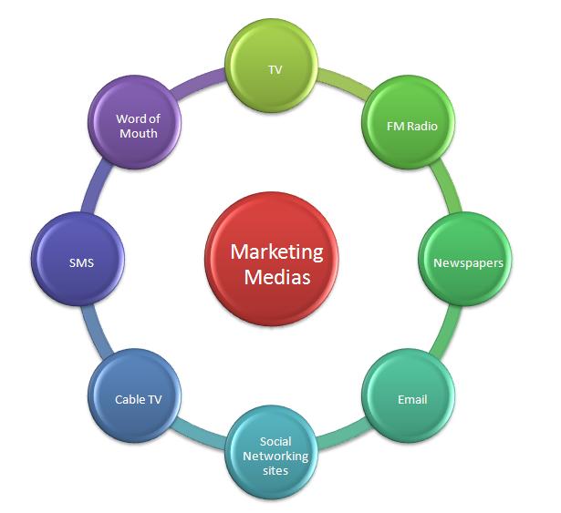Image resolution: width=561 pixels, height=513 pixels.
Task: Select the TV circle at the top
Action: [x=275, y=71]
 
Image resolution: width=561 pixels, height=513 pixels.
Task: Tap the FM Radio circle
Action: [x=406, y=125]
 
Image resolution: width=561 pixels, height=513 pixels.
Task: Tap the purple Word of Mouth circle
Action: [x=137, y=126]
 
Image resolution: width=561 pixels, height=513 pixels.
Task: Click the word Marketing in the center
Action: [x=275, y=250]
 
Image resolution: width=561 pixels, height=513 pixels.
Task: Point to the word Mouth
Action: [x=138, y=133]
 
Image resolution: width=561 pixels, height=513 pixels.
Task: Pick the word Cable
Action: [x=129, y=399]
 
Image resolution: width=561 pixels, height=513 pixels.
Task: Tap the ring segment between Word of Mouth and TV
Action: [x=203, y=81]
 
